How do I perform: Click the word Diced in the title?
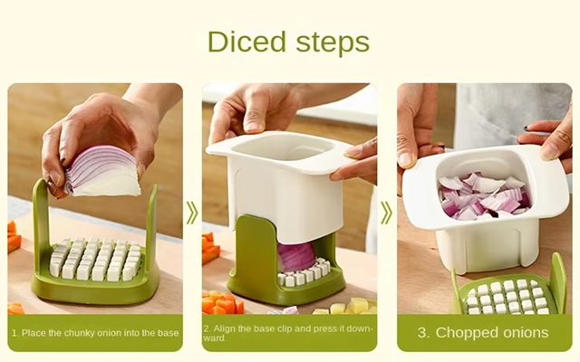pos(247,41)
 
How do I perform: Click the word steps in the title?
pos(333,43)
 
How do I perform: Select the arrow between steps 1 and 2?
pos(192,214)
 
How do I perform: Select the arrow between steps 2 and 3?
pos(386,214)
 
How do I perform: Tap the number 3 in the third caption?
pos(423,333)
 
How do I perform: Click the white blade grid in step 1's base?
pos(95,258)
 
